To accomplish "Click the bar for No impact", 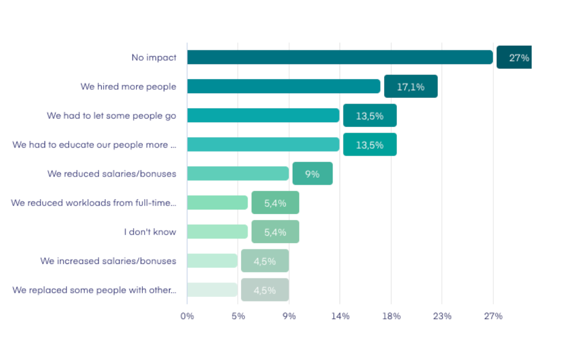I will (x=340, y=57).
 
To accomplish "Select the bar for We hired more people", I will (x=283, y=86).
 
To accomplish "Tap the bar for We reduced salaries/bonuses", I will (x=238, y=174).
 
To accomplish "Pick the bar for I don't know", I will (x=217, y=232).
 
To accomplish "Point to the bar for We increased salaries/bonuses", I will (x=212, y=260).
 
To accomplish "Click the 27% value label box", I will (x=514, y=57).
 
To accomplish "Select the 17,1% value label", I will (x=411, y=86).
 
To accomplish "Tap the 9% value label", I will (x=312, y=174).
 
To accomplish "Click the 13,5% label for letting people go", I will (x=370, y=116).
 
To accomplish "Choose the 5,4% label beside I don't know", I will (x=275, y=232).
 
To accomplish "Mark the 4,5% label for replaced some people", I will (x=265, y=290).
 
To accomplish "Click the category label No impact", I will (x=154, y=57).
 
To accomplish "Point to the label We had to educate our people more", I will (x=94, y=145).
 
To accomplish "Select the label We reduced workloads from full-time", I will (x=94, y=203).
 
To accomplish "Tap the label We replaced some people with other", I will (x=94, y=290).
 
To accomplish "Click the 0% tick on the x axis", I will (x=187, y=316).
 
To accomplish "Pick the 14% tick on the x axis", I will (x=340, y=316).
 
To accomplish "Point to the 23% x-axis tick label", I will (x=442, y=316).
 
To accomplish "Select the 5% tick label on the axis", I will (x=238, y=316).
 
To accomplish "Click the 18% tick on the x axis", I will (x=391, y=316).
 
